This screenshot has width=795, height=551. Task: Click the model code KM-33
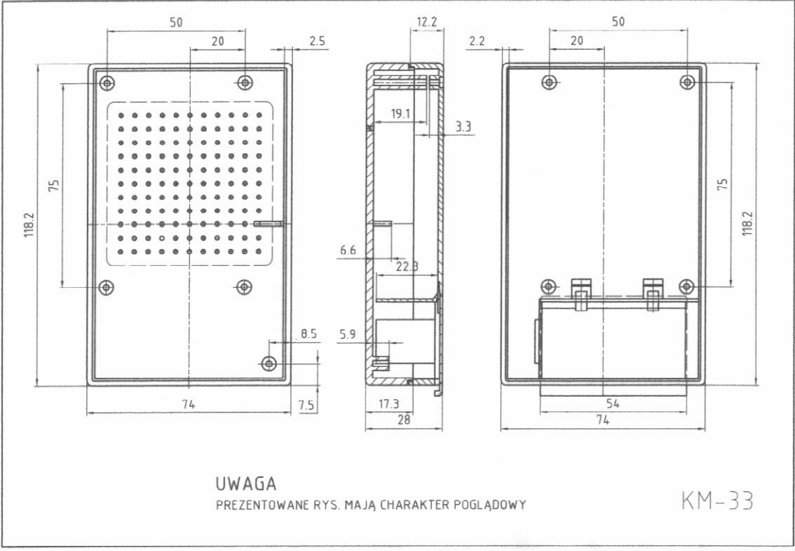point(716,502)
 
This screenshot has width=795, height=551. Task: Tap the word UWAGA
point(246,484)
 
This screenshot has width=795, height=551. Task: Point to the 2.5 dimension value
point(317,42)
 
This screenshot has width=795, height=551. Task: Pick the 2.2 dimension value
point(477,42)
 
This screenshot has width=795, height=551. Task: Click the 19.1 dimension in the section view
point(400,114)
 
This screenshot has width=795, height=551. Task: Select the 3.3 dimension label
point(463,126)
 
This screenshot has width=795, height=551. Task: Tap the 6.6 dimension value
point(349,251)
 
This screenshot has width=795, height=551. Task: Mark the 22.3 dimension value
point(406,267)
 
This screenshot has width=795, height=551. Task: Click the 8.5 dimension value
point(308,333)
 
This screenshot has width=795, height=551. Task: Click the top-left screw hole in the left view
point(107,83)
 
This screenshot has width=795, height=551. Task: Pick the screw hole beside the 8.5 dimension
point(270,363)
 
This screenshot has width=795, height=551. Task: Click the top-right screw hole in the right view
point(687,82)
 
